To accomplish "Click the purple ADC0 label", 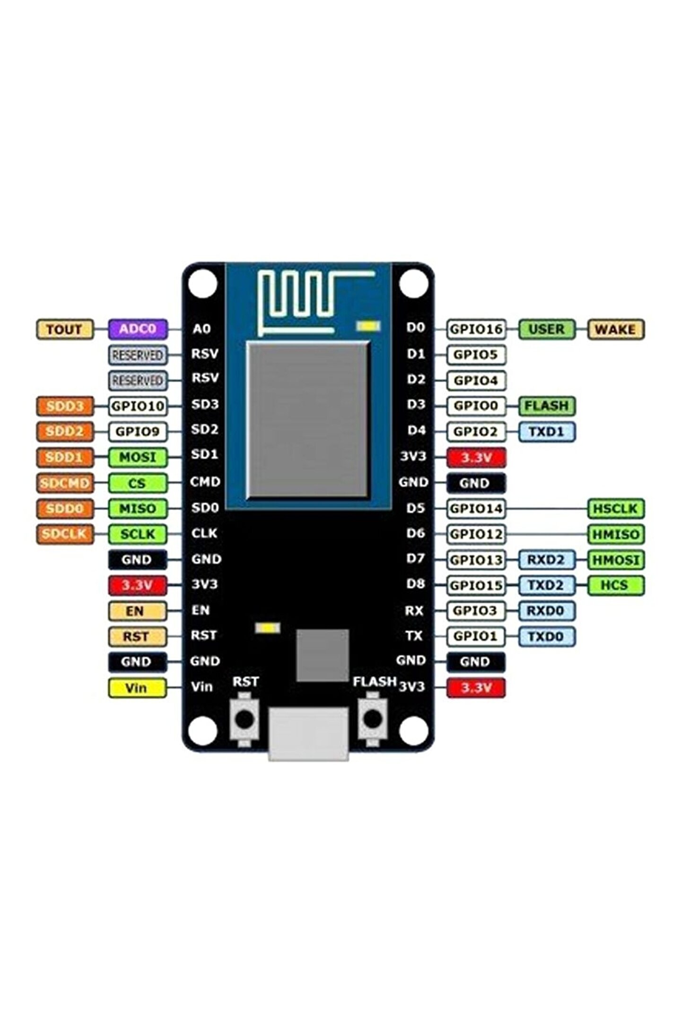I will (138, 329).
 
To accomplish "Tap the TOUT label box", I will (65, 329).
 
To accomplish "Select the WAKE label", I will (615, 329).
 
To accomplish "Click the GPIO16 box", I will (476, 329).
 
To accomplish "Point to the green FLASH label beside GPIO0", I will (547, 406).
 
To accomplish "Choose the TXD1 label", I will (547, 432).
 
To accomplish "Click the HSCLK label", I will (615, 509).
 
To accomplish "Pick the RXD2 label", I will (546, 560).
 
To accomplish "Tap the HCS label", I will (615, 585).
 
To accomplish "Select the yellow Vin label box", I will (137, 688).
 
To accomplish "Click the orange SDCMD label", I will (65, 483).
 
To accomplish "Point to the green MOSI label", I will (138, 458).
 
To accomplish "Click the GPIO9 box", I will (138, 432).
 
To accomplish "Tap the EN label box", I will (137, 611).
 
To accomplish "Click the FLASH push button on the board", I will (373, 719).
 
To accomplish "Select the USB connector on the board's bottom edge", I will (308, 732).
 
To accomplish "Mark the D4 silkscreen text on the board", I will (416, 431).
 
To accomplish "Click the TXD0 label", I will (546, 637).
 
